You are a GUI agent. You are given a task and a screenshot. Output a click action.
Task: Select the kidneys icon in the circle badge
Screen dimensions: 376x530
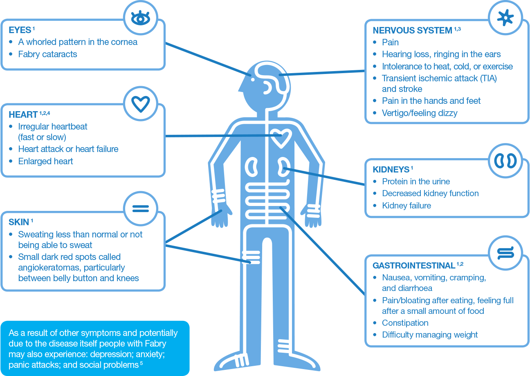click(505, 161)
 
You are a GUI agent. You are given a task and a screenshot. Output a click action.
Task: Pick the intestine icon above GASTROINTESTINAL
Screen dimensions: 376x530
click(505, 253)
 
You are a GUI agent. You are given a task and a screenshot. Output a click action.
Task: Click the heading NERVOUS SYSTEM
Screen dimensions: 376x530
click(412, 30)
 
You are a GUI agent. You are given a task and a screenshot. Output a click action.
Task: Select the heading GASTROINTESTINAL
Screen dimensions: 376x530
click(414, 266)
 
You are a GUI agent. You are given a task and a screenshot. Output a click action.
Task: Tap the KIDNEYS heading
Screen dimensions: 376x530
click(391, 170)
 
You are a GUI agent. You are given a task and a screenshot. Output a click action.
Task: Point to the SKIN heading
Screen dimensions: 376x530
click(19, 222)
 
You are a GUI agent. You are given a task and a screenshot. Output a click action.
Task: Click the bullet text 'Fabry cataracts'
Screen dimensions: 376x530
click(47, 54)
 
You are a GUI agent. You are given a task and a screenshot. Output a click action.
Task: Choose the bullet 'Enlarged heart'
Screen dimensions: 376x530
click(45, 161)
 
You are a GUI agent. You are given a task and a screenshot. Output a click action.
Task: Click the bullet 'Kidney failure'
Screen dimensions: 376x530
click(406, 205)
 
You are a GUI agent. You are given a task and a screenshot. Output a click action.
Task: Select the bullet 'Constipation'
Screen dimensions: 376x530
click(405, 322)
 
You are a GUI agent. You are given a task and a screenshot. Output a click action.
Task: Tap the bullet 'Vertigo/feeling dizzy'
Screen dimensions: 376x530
click(420, 113)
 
